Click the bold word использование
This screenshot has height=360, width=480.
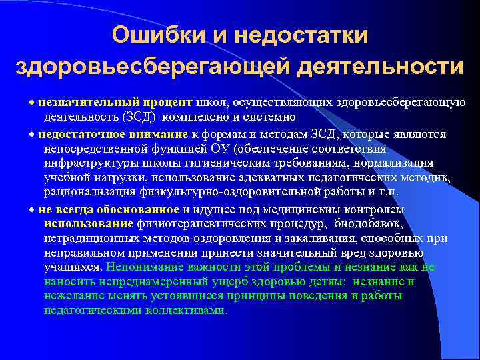[89, 223]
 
